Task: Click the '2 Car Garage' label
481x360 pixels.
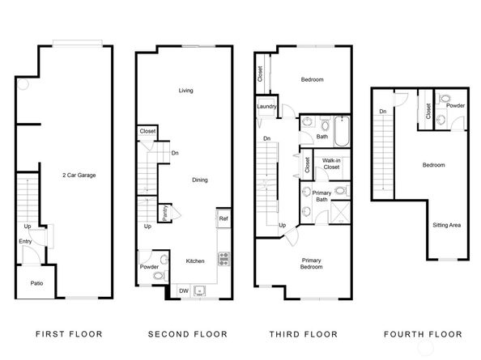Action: coord(79,175)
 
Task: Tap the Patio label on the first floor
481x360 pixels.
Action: coord(36,283)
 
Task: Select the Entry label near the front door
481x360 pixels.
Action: coord(25,240)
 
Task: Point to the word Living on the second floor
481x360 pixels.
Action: coord(185,91)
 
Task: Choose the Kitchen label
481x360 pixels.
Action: coord(195,260)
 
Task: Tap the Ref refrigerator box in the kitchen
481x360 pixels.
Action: coord(223,218)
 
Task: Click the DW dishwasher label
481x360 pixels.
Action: coord(183,290)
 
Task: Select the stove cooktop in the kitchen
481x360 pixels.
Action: coord(223,259)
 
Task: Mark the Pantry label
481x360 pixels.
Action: coord(164,212)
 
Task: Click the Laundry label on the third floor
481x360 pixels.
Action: coord(267,106)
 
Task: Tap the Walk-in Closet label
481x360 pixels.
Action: coord(330,165)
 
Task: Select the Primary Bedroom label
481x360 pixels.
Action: coord(312,263)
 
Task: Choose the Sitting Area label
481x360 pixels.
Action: coord(446,225)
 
